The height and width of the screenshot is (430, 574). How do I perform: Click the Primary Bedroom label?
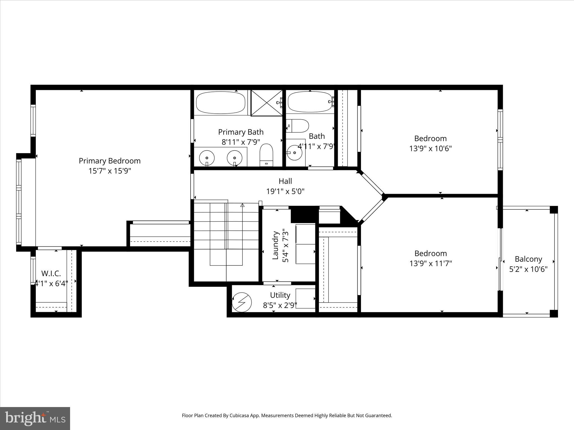pos(110,161)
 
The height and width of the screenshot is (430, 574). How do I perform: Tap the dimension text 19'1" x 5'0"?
pos(285,191)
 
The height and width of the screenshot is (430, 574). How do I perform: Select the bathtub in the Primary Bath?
pos(221,102)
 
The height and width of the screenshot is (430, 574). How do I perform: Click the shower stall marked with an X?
pos(266,103)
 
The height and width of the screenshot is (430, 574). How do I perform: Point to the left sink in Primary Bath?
pos(207,158)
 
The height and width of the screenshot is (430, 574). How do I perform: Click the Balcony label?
pos(528,259)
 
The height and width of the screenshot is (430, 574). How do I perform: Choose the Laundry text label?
pos(276,245)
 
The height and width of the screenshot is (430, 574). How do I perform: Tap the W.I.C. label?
pos(51,273)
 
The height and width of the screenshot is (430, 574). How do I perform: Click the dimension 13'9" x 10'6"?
pos(430,148)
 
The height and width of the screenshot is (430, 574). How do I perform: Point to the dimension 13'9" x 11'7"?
pos(430,263)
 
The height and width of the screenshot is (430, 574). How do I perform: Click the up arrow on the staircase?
pos(242,205)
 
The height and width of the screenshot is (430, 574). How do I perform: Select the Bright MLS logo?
pos(35,418)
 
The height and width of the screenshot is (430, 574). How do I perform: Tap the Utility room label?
pos(280,295)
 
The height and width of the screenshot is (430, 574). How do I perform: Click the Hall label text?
pos(285,181)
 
